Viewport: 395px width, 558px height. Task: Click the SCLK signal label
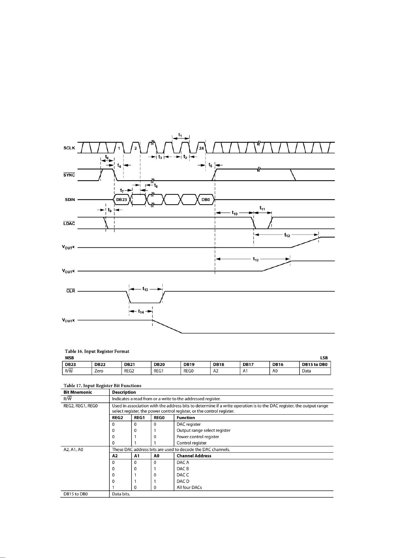tap(69, 148)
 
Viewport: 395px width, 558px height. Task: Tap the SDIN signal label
tap(70, 200)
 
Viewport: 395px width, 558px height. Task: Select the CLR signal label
tap(71, 291)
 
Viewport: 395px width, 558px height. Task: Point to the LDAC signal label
tap(69, 224)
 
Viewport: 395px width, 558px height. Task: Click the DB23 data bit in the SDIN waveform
tap(122, 200)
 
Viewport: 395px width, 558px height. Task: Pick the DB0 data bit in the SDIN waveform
tap(206, 200)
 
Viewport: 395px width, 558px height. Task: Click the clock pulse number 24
tap(201, 148)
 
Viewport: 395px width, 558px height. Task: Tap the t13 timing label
tap(145, 289)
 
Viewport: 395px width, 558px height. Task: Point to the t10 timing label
tap(235, 213)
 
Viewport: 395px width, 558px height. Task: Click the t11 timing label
tap(262, 208)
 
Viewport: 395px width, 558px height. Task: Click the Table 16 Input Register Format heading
tap(96, 351)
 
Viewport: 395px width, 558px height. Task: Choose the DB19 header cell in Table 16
tap(189, 365)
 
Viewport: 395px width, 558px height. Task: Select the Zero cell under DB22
tap(99, 371)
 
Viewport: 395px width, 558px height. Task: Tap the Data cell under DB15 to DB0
tap(307, 371)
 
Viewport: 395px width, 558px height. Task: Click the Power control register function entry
tap(197, 436)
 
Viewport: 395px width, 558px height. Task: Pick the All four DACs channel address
tap(189, 487)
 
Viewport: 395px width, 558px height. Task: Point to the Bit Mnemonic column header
tap(78, 392)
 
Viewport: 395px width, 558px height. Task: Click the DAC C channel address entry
tap(183, 475)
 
